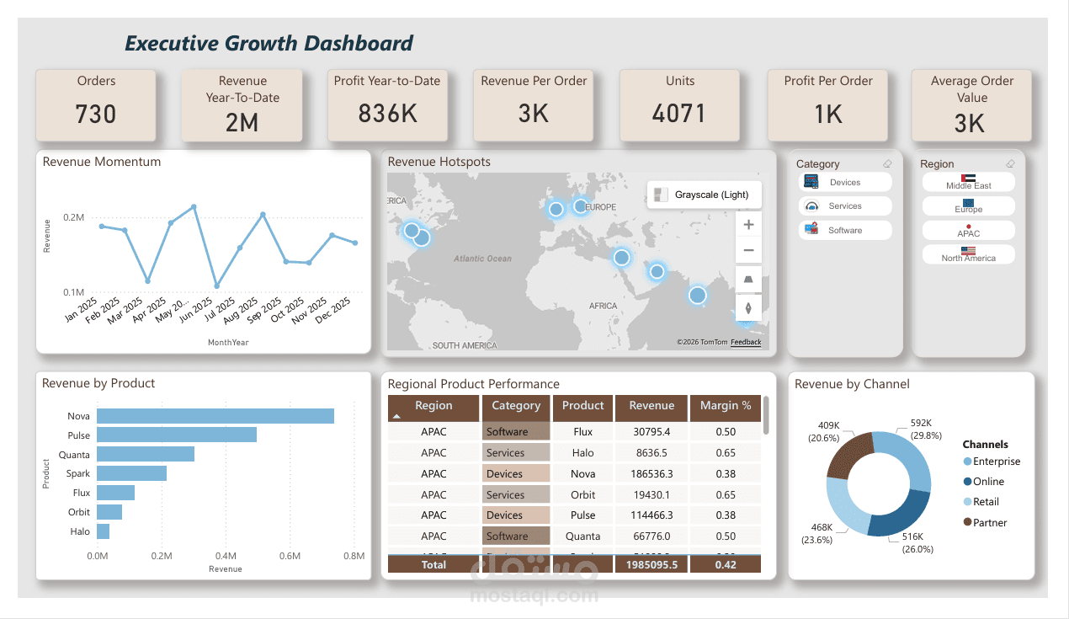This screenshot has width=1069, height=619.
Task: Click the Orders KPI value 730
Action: (x=95, y=114)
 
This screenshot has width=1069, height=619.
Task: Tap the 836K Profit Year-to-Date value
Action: (x=387, y=114)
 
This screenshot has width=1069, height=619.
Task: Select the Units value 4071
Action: (x=679, y=114)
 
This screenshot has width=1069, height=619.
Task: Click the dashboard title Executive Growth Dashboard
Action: (x=269, y=44)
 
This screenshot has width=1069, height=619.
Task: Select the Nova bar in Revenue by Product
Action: (x=215, y=416)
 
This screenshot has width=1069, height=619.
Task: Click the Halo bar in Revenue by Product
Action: (x=104, y=531)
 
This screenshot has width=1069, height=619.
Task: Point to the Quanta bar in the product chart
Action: (x=146, y=455)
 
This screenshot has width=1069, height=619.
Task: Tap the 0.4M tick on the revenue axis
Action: (x=226, y=556)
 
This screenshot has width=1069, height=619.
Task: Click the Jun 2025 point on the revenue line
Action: (x=217, y=286)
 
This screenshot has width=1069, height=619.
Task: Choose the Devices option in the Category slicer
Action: (x=844, y=182)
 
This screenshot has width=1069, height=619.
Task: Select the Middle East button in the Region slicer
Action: (x=968, y=182)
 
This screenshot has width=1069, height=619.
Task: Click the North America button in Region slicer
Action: (x=968, y=254)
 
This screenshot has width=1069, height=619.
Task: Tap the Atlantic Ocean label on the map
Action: (x=482, y=259)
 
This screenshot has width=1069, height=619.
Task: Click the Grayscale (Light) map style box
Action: (x=704, y=195)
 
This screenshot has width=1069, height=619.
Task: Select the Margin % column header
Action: (x=725, y=406)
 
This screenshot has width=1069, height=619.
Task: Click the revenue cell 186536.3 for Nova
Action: (x=652, y=474)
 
